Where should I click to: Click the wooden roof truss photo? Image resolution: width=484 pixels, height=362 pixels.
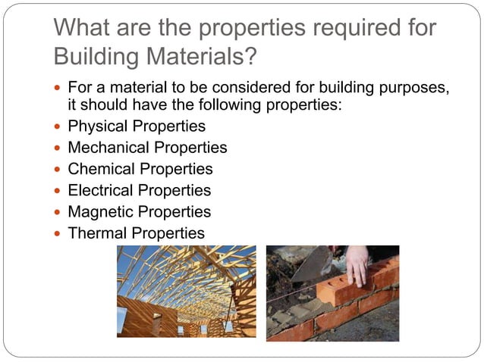click(x=186, y=292)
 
